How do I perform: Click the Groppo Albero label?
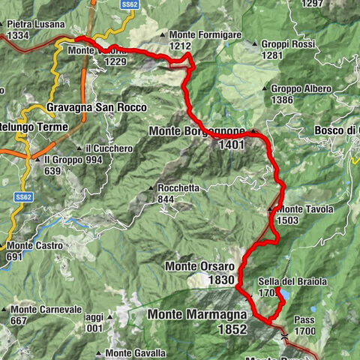(301, 89)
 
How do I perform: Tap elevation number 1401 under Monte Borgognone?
(232, 145)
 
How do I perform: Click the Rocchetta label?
(178, 188)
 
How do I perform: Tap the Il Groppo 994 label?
(71, 160)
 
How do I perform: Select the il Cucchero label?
(108, 148)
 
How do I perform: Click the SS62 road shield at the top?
(130, 4)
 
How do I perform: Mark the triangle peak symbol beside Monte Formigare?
(163, 35)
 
